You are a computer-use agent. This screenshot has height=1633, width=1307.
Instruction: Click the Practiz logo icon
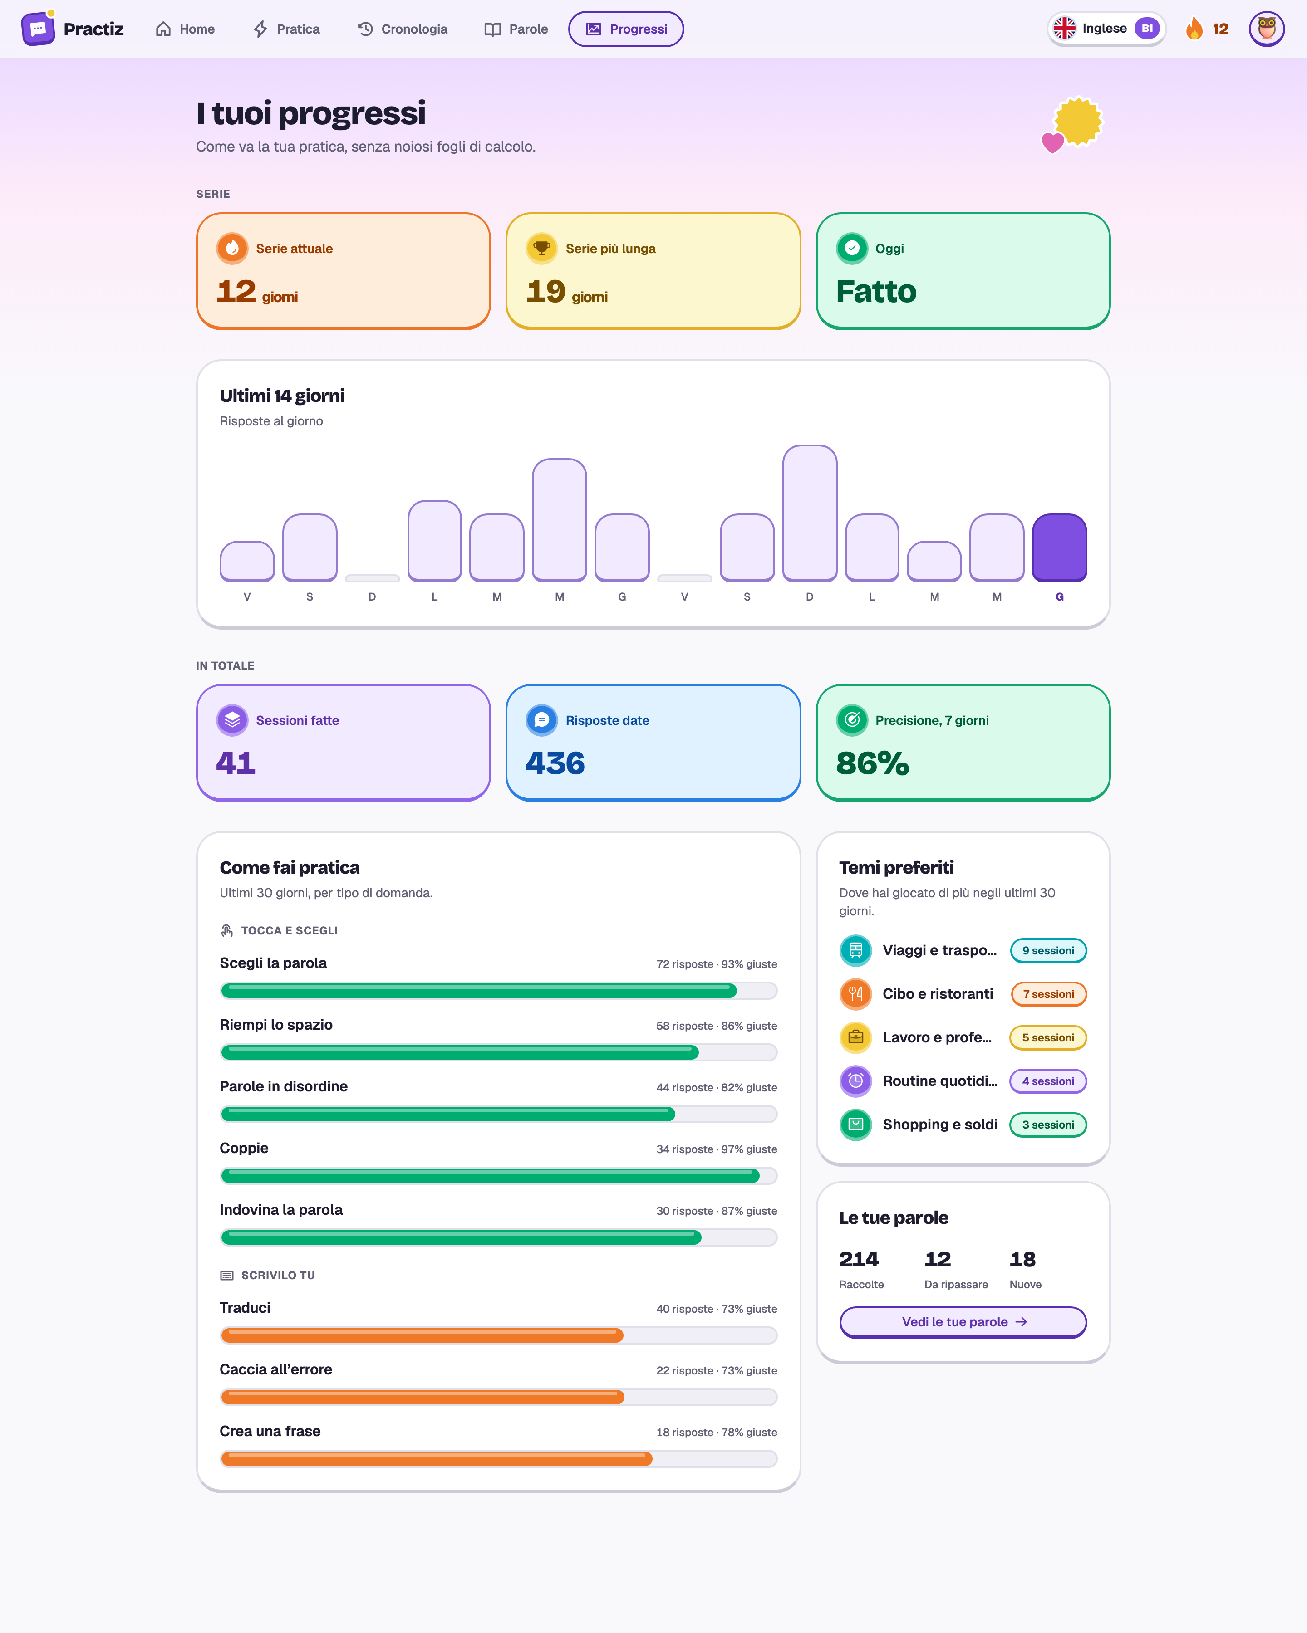[x=38, y=29]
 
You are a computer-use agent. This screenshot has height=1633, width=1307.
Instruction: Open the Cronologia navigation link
[x=403, y=29]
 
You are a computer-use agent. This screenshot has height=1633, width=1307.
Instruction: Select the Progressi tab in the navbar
[x=626, y=29]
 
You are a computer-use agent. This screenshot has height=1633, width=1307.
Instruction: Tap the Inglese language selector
[x=1106, y=29]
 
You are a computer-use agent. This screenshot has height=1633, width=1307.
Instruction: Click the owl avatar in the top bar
[x=1266, y=29]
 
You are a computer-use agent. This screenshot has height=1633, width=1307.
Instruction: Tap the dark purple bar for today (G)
[x=1059, y=548]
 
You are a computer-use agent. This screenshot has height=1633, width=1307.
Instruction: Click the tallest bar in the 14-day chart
[x=809, y=513]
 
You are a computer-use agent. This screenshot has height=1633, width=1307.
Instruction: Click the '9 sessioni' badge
[x=1048, y=951]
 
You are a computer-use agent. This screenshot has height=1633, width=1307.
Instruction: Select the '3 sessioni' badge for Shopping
[x=1048, y=1125]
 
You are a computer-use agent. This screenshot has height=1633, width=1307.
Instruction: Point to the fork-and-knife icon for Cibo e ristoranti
[x=855, y=994]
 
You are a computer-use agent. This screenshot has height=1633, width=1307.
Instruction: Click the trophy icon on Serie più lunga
[x=542, y=249]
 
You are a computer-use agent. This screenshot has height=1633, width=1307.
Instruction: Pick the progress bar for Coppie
[x=499, y=1175]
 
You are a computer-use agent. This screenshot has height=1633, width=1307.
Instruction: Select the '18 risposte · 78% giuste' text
[x=717, y=1433]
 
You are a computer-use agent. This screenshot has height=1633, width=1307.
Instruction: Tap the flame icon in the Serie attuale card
[x=232, y=249]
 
